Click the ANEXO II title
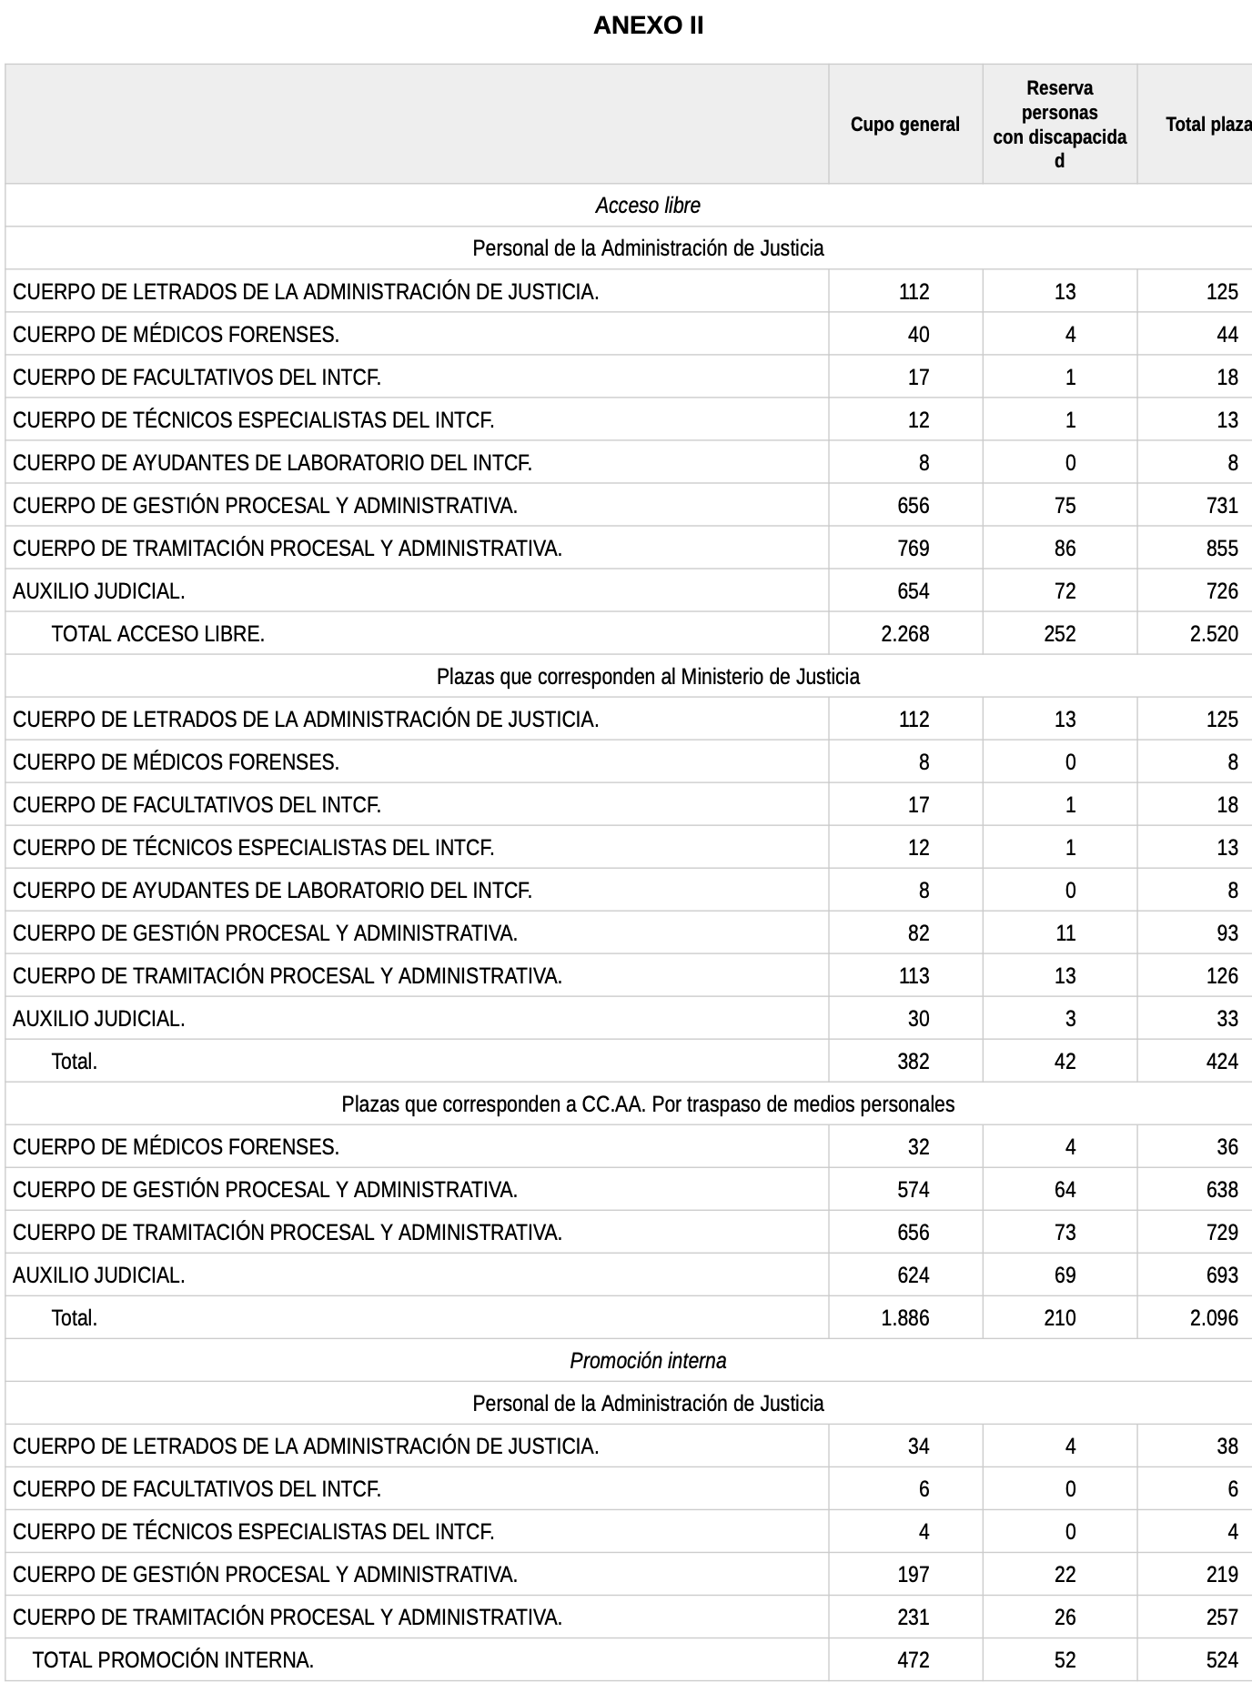(x=648, y=25)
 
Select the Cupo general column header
(x=904, y=125)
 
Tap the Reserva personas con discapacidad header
(x=1059, y=125)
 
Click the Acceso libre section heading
(x=648, y=206)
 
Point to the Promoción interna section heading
(x=648, y=1361)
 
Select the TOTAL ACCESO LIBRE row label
(x=158, y=634)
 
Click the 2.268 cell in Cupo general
(x=905, y=634)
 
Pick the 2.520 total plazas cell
(x=1214, y=634)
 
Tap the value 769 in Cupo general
(x=914, y=549)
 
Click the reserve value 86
(x=1065, y=549)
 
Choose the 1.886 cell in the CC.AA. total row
(x=905, y=1318)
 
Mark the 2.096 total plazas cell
(x=1214, y=1318)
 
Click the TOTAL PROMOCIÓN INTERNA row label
(x=173, y=1660)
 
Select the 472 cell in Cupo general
(x=914, y=1660)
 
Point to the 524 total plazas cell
(x=1222, y=1660)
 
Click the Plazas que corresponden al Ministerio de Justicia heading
(x=648, y=677)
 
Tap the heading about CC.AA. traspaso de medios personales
(x=648, y=1104)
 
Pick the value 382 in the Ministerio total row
(x=914, y=1062)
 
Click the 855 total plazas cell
(x=1222, y=549)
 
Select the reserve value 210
(x=1060, y=1318)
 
